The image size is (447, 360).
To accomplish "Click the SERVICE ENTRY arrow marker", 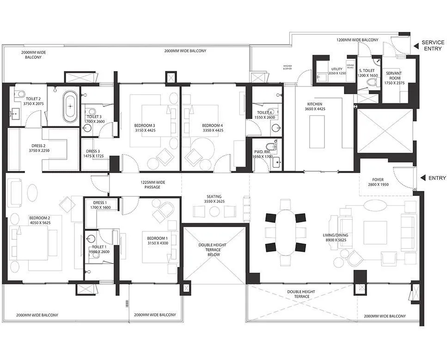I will point(416,45).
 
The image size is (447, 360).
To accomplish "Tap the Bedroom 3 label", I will point(145,128).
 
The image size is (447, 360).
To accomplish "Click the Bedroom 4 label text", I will point(213,128).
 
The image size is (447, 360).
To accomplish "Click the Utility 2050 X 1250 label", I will point(337,71).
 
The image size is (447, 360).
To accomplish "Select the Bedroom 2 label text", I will point(39,220).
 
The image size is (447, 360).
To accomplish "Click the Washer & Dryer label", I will point(288,67).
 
